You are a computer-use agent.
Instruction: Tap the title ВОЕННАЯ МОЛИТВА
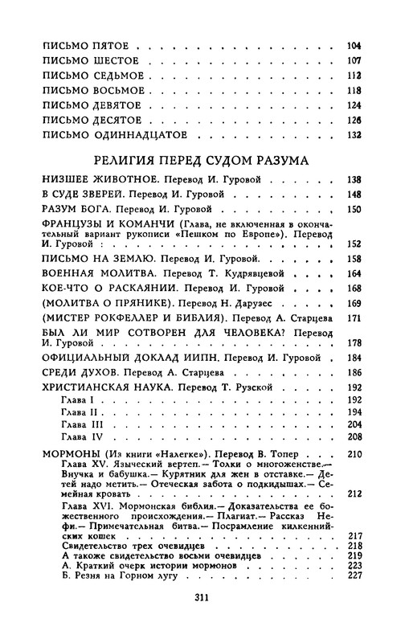tap(90, 273)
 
